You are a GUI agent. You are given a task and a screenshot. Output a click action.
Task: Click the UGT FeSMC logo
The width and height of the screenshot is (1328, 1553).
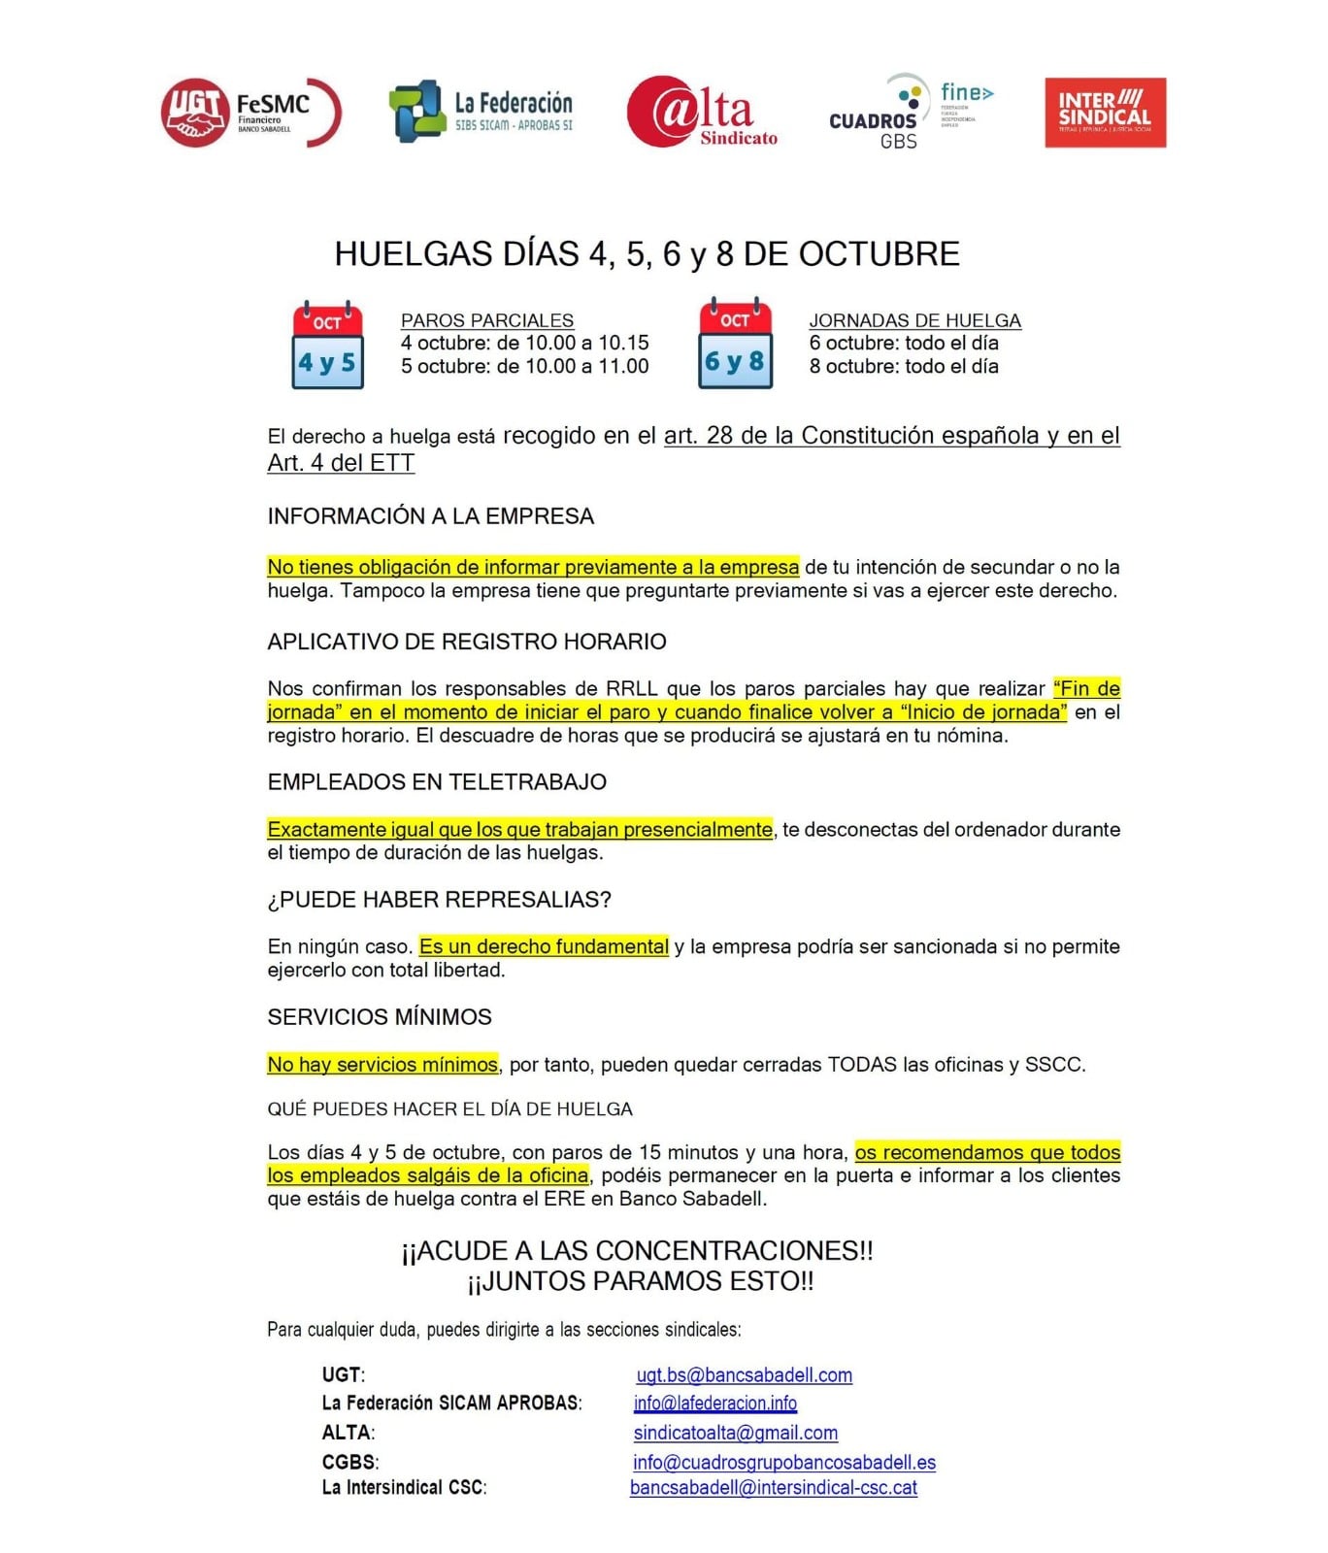click(x=249, y=113)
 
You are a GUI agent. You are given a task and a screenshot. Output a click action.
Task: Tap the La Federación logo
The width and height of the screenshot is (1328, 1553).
click(x=481, y=113)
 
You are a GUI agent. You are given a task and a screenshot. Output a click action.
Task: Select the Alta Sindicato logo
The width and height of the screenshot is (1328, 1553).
click(x=702, y=113)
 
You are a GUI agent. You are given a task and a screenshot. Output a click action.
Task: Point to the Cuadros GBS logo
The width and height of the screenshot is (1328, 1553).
click(x=910, y=113)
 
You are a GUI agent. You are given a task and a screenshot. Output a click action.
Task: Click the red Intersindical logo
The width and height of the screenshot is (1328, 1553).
click(x=1105, y=113)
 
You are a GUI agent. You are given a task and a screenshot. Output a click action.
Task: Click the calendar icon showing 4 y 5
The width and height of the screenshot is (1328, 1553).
click(x=328, y=346)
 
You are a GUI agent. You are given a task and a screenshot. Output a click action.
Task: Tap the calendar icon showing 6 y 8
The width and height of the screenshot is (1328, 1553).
click(x=735, y=346)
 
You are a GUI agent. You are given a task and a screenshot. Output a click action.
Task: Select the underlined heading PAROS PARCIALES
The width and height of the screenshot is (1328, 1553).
click(x=486, y=320)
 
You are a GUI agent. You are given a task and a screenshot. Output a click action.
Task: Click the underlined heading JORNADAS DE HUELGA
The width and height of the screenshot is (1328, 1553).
click(x=914, y=320)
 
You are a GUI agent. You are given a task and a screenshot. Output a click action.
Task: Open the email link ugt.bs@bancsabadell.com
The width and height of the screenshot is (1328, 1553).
click(x=744, y=1375)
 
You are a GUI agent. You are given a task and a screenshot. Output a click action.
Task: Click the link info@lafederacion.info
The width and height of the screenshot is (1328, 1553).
click(x=714, y=1404)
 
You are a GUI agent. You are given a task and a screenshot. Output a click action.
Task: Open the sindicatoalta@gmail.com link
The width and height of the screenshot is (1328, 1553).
click(x=735, y=1434)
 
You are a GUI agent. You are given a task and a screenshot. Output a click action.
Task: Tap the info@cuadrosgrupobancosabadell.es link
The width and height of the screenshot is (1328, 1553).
click(x=783, y=1463)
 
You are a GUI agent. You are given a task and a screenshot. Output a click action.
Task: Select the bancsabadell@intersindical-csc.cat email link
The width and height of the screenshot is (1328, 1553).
click(x=773, y=1488)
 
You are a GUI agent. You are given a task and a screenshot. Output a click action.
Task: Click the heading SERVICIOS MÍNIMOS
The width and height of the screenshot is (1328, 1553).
click(x=380, y=1017)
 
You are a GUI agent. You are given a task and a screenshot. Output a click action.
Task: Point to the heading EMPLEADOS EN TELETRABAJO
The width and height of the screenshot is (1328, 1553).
click(x=437, y=782)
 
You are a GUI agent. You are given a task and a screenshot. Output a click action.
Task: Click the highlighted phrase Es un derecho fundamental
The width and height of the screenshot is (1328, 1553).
click(x=544, y=946)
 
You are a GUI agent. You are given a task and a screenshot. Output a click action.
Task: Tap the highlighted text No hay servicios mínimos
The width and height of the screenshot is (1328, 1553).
click(x=382, y=1065)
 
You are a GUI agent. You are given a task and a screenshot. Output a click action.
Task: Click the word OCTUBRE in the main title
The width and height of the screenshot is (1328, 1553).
click(x=879, y=254)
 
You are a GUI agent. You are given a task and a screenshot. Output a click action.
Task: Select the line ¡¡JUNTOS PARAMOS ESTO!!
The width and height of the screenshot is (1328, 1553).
click(x=640, y=1282)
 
